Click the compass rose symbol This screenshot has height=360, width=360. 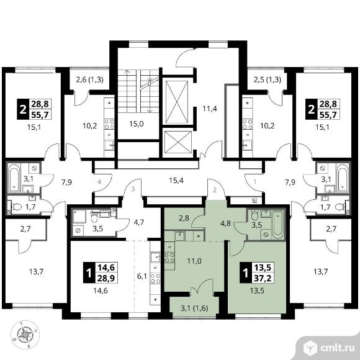pos(25,335)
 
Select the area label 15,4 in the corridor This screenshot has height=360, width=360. pos(176,181)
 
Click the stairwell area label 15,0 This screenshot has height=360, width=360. pos(137,124)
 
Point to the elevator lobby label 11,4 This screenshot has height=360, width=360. pos(210,109)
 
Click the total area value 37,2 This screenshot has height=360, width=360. pos(263,279)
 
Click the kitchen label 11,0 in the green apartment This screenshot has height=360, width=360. pos(194,261)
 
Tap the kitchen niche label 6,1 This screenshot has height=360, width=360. pos(142,276)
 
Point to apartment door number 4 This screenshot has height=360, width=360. pos(99,182)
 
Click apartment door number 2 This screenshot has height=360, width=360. pos(215,190)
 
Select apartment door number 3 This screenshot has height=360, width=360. pos(133,189)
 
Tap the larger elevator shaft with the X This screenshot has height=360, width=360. pos(177,101)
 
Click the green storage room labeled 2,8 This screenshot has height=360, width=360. pos(184,218)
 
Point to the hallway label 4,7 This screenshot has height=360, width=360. pos(138,222)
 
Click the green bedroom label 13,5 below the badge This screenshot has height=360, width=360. pos(257,290)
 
